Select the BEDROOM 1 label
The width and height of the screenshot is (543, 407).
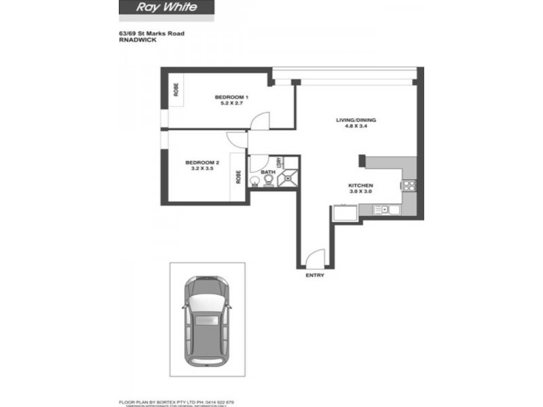(231, 97)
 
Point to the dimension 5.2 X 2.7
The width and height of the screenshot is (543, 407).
(231, 104)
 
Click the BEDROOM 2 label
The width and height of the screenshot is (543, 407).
(202, 163)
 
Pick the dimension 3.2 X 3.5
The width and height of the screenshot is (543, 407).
(202, 170)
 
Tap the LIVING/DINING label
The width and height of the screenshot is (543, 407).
(356, 121)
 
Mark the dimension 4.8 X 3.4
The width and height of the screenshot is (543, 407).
(356, 128)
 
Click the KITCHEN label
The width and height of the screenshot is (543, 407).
(360, 185)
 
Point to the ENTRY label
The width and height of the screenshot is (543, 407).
(316, 276)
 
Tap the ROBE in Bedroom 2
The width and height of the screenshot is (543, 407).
(238, 176)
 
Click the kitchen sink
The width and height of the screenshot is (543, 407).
(384, 210)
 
